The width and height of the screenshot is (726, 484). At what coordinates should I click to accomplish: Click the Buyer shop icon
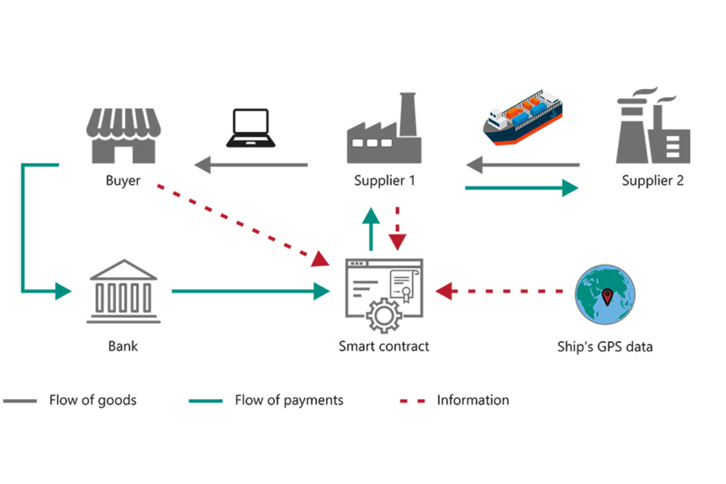tap(124, 136)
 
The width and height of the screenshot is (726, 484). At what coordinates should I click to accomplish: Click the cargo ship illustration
tap(523, 118)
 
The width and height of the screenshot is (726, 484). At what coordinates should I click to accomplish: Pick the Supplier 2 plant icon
tap(653, 128)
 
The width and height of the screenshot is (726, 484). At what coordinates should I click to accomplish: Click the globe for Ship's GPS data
tap(605, 295)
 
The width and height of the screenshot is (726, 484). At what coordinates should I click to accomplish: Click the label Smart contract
tap(384, 346)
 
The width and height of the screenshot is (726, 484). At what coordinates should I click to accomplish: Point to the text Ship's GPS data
tap(605, 347)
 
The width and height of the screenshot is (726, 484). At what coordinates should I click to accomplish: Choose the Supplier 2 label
tap(652, 180)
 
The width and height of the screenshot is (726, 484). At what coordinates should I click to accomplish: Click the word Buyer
tap(123, 180)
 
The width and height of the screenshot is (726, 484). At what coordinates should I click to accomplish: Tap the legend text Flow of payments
tap(289, 400)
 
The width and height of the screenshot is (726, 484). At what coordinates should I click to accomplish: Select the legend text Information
tap(473, 400)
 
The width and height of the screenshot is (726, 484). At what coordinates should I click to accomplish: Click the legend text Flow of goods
tap(93, 400)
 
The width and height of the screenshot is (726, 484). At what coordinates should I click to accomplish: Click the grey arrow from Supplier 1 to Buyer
tap(251, 164)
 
